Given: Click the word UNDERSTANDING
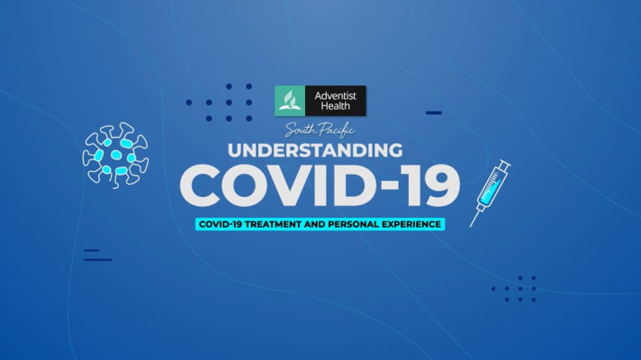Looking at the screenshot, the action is [315, 150].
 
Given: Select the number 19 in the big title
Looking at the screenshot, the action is [433, 185].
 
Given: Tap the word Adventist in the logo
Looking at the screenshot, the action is [335, 96].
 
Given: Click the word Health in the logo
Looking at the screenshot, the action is [335, 106].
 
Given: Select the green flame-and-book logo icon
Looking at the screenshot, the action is [290, 101].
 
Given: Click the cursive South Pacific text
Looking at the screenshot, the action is [320, 130].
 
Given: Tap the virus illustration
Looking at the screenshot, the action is [116, 156].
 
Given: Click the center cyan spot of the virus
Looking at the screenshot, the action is [116, 156].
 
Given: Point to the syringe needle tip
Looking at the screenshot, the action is [471, 226].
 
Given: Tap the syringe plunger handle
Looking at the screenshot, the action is [504, 165].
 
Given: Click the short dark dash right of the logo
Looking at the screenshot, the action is [434, 112].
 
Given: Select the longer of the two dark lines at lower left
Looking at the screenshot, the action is [98, 259].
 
